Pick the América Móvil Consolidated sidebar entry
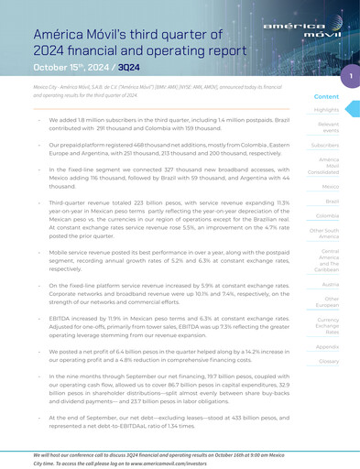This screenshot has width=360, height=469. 327,166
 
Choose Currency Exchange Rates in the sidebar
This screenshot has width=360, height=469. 327,328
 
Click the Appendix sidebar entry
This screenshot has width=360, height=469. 327,347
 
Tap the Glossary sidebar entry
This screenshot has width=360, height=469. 328,362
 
